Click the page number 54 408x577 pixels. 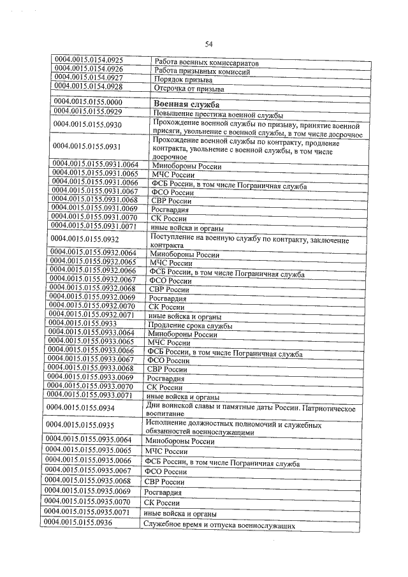click(x=208, y=44)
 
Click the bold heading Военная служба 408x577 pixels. click(x=187, y=104)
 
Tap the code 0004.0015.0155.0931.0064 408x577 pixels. click(x=96, y=164)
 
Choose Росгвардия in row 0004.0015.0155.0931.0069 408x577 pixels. click(x=170, y=209)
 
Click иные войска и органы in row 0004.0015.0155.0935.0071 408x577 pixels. click(x=180, y=513)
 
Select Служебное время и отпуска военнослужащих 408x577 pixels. click(x=219, y=525)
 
